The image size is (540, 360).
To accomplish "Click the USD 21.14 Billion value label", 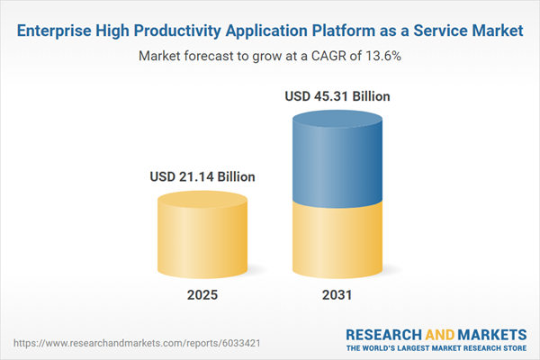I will [202, 177].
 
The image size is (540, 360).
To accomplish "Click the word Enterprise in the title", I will [55, 31].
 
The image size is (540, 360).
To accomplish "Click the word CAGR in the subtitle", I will [315, 56].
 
